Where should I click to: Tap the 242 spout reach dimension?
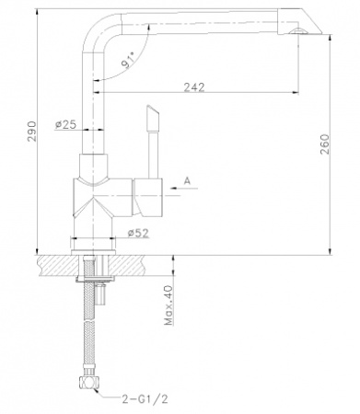pos(194,87)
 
